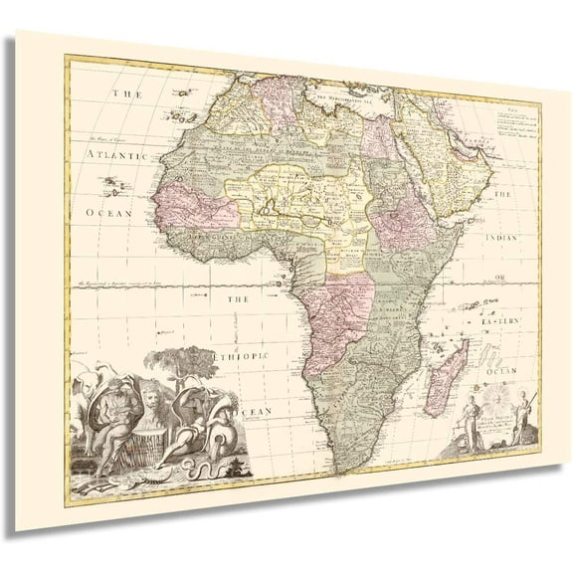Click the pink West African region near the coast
click(200, 206)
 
